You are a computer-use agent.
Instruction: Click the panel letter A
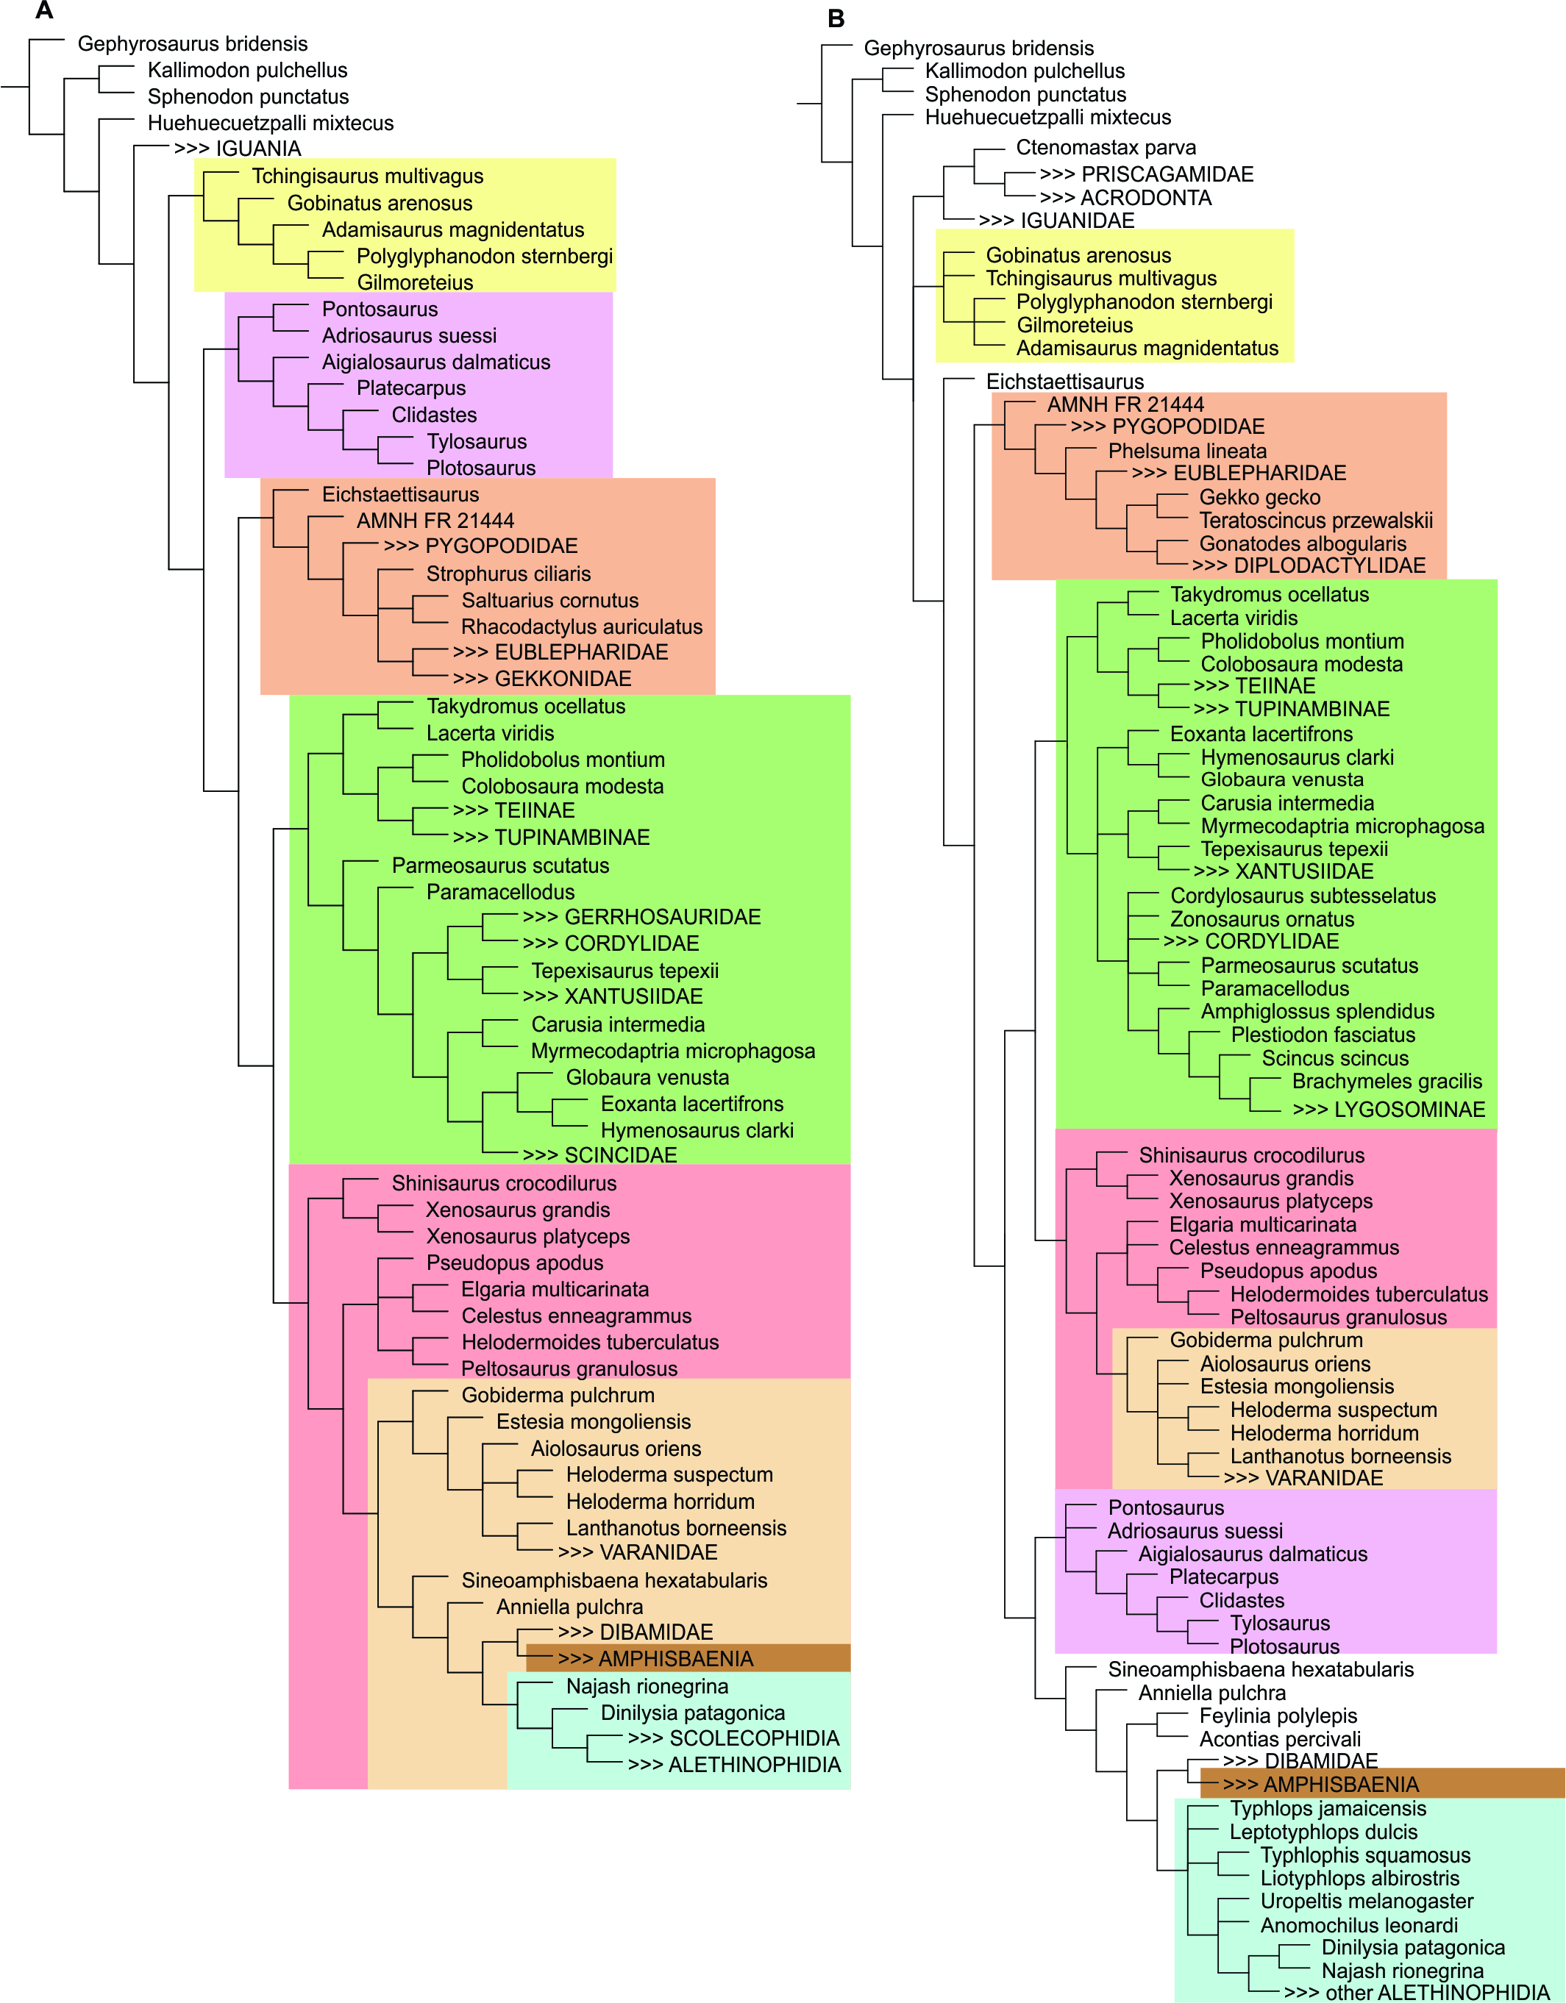(43, 12)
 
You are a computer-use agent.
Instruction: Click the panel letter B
(835, 18)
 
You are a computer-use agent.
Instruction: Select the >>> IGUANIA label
(238, 149)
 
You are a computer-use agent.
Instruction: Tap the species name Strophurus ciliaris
(508, 574)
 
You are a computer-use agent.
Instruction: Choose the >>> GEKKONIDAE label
(541, 679)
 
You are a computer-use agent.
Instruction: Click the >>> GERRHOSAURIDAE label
(641, 917)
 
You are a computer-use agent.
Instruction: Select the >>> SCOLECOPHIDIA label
(733, 1739)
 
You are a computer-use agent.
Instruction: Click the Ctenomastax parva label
(1106, 148)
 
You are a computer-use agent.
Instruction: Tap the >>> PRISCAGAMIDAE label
(1146, 174)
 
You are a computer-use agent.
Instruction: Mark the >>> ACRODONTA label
(1125, 198)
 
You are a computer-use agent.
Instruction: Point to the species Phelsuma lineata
(1187, 451)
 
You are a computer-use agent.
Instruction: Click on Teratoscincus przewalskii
(1316, 521)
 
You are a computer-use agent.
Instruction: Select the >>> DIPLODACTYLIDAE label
(1309, 566)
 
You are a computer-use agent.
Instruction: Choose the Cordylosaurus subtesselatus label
(1303, 896)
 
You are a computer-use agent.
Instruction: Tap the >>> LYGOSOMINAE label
(1388, 1110)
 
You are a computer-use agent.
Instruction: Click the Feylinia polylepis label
(1278, 1716)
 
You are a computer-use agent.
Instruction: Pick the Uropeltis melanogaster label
(1366, 1902)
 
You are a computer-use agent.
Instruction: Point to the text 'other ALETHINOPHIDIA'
(1437, 1993)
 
